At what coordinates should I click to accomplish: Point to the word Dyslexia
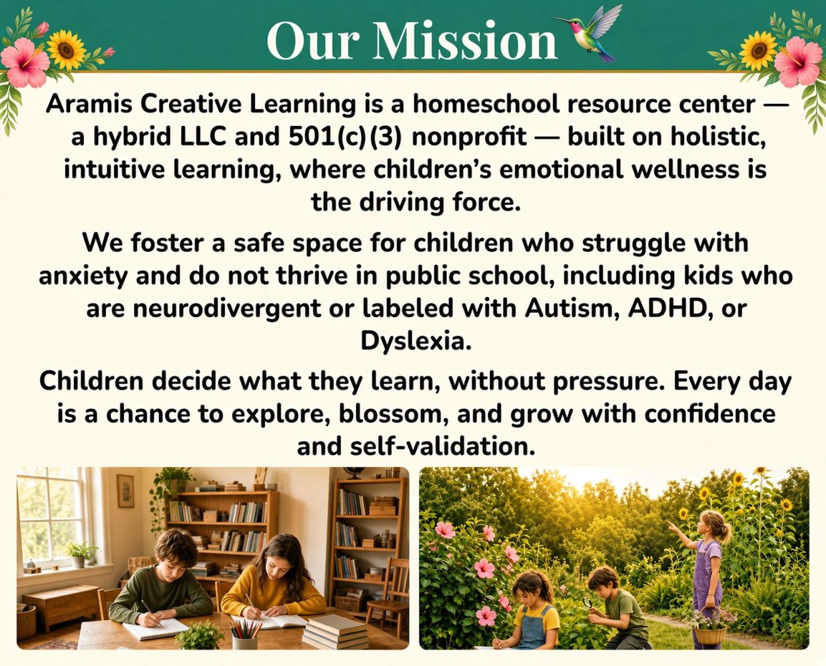point(415,341)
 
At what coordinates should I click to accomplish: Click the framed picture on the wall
point(125,491)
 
